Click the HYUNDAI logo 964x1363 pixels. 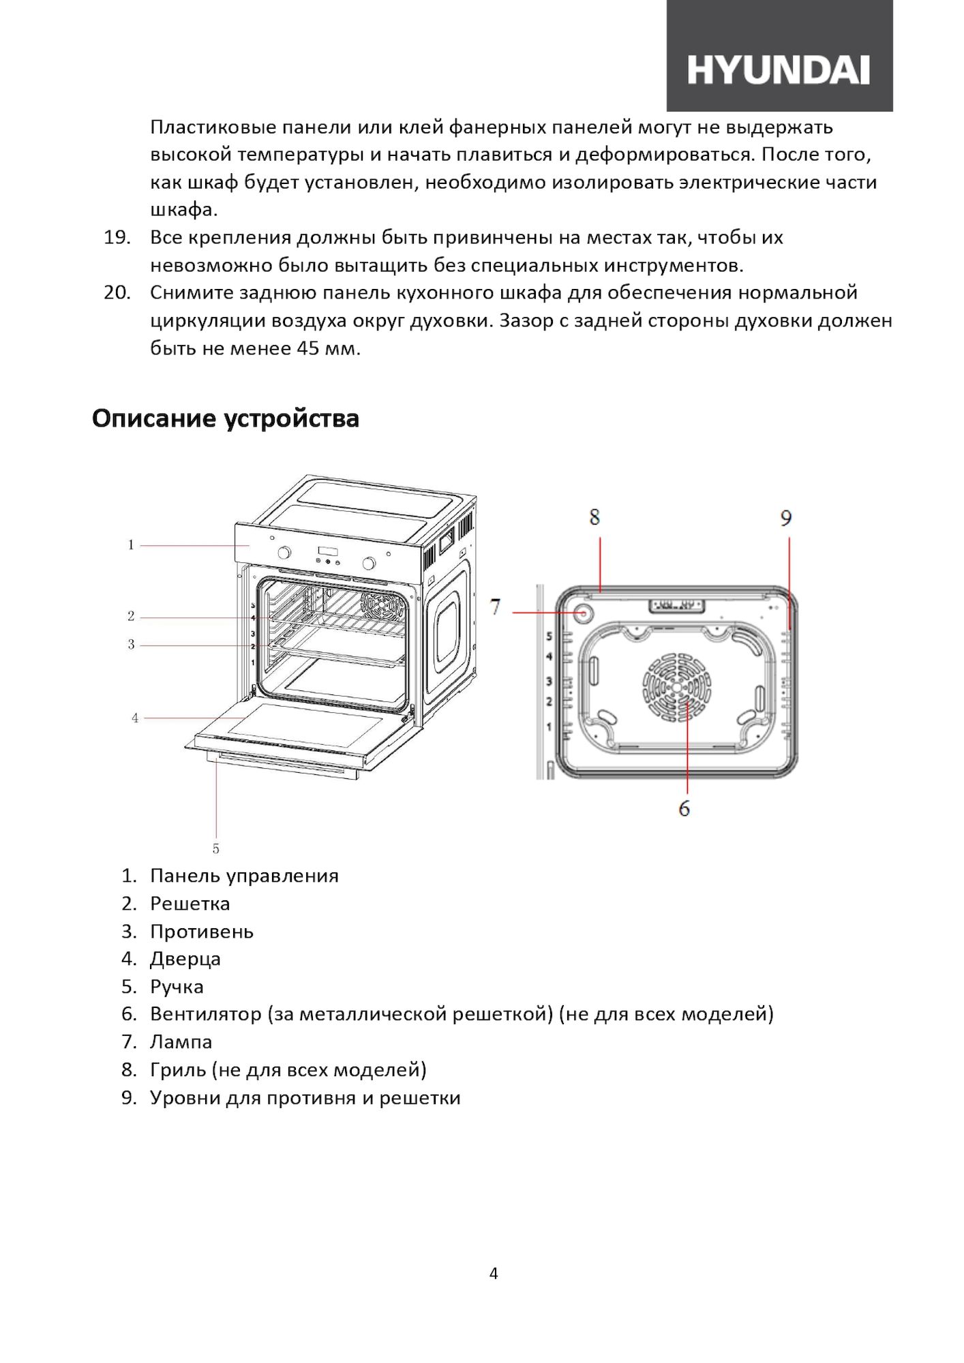[779, 70]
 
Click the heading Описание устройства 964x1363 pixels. [226, 418]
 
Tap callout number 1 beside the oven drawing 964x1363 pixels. [131, 545]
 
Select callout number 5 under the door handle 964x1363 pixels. [216, 848]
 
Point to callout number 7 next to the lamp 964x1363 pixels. [496, 607]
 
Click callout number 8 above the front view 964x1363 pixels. [594, 517]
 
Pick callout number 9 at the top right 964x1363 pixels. [786, 519]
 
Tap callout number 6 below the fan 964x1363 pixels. [684, 808]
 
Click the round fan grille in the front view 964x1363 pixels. [676, 688]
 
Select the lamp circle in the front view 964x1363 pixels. [583, 612]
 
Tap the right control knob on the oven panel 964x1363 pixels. [370, 563]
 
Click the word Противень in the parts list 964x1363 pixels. [202, 932]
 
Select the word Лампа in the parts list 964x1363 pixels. [181, 1042]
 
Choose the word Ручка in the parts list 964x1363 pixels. [177, 987]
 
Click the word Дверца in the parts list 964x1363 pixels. [185, 960]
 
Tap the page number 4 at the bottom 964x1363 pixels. [494, 1274]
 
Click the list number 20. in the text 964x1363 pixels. [117, 293]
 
